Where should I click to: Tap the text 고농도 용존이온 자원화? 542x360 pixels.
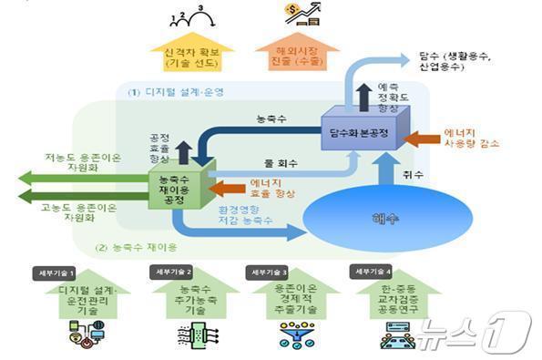coord(79,211)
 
